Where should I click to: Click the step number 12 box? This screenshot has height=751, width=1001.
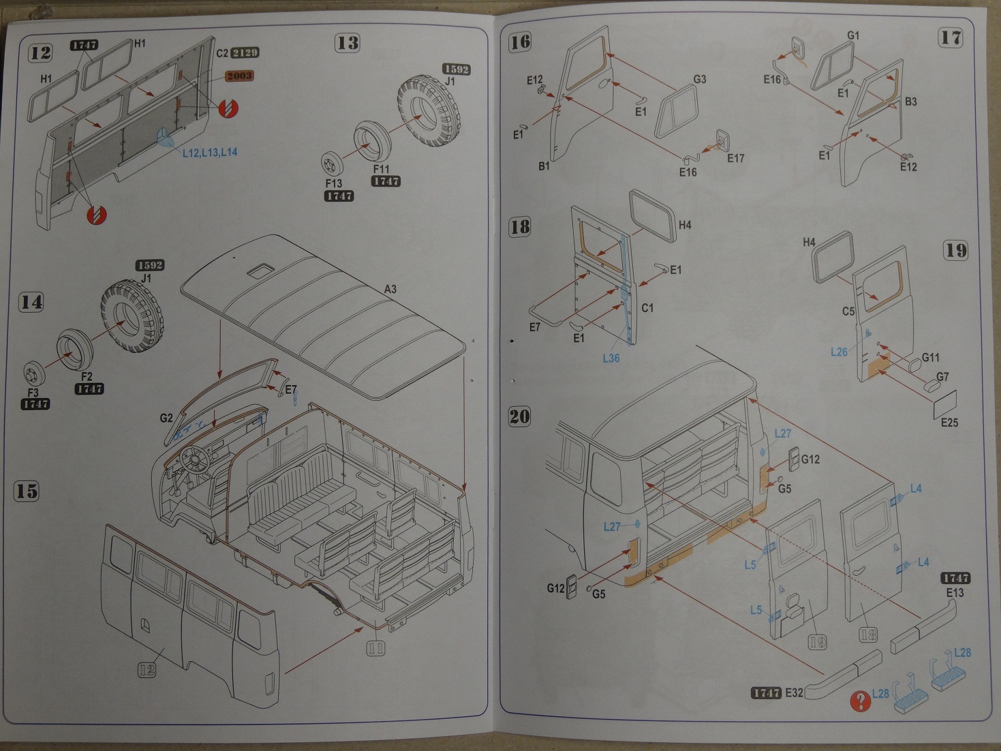coord(40,52)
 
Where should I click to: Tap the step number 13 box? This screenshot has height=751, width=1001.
coord(347,43)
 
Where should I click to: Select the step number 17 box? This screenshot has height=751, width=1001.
coord(951,37)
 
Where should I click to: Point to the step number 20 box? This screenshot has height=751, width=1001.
coord(519,416)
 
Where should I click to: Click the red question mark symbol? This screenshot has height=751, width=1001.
coord(861,700)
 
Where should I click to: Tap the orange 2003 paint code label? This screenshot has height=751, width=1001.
coord(239,76)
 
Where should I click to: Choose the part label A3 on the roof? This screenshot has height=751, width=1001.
coord(390,289)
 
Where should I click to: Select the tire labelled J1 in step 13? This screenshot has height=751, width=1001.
coord(428,111)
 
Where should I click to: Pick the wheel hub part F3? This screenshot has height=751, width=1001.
coord(33,373)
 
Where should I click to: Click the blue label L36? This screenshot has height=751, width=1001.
coord(611,358)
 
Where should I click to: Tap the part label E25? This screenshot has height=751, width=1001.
coord(949,423)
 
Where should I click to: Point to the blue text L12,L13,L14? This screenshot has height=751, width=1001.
coord(210,152)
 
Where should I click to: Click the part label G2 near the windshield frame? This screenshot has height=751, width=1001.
coord(166,418)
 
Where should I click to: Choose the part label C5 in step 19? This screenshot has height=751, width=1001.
coord(848,311)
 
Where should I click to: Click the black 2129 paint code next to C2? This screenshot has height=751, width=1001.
coord(245,52)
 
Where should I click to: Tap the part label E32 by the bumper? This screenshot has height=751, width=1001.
coord(794,692)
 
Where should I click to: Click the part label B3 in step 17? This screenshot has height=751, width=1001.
coord(910,102)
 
